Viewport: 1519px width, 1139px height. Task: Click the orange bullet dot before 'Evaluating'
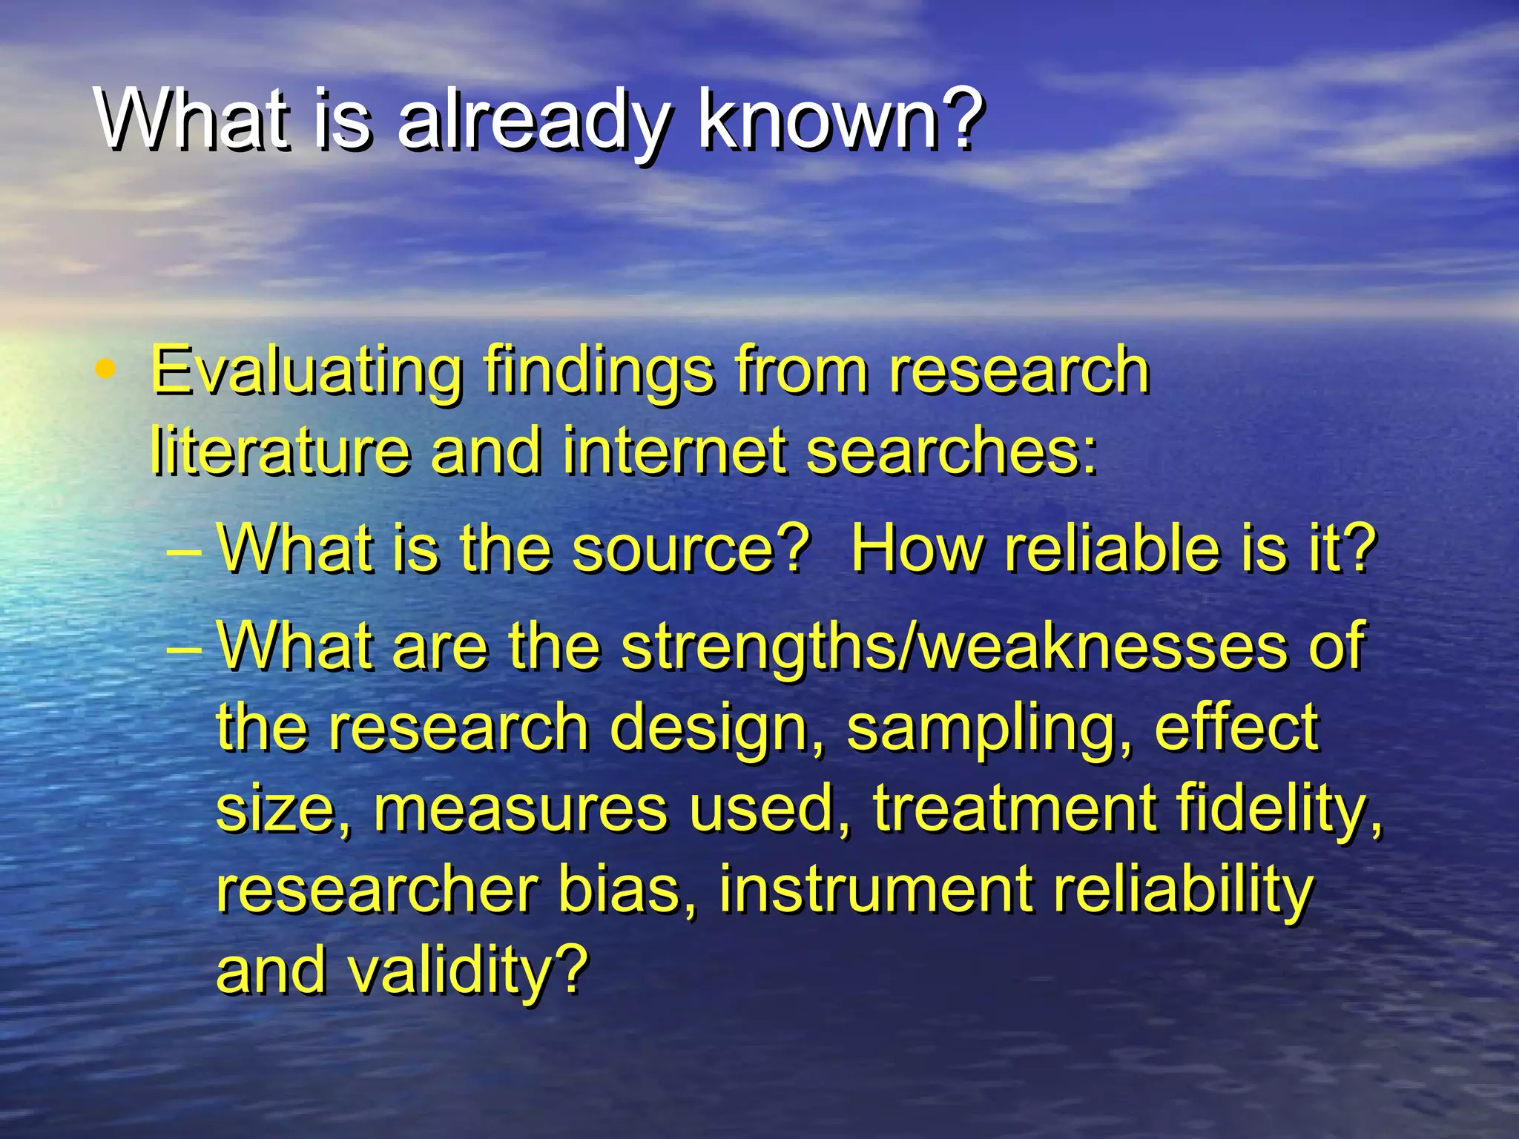coord(107,368)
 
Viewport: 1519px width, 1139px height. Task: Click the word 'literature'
coord(280,451)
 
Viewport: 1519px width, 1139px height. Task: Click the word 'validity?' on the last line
coord(467,971)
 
